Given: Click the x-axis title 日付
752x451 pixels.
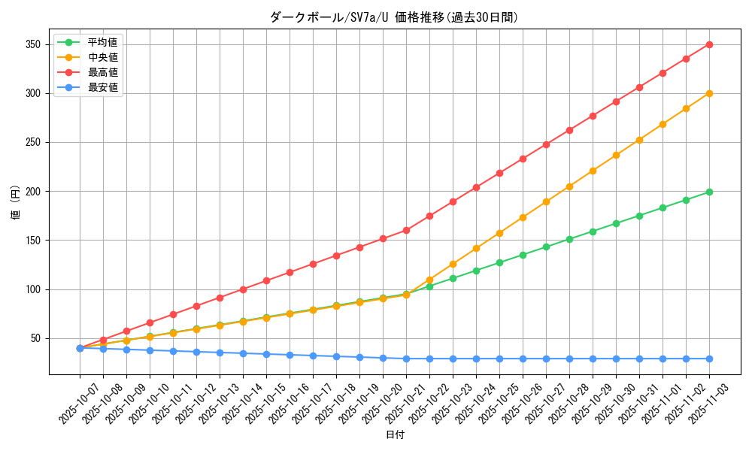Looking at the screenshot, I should point(395,435).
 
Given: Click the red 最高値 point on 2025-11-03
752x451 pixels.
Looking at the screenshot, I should point(709,44).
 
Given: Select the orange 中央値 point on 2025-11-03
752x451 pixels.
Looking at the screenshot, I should point(709,93).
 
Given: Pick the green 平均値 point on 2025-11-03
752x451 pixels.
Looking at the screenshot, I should point(709,192).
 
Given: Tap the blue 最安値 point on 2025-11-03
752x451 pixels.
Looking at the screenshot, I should point(709,359).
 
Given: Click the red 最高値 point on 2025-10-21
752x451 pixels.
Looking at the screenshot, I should point(406,230).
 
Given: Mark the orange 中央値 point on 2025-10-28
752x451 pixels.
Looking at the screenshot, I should point(569,186).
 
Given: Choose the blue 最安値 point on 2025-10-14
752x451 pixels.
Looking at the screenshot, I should point(243,353).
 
